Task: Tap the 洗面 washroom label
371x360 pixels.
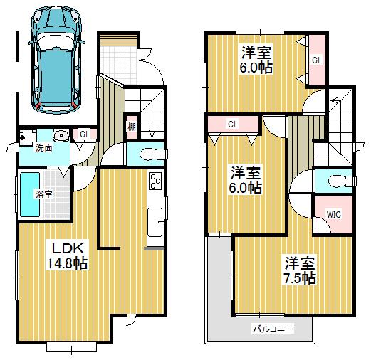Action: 43,147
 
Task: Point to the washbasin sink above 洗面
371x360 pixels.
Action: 61,134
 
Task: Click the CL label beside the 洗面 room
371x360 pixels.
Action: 83,134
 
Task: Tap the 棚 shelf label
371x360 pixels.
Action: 132,127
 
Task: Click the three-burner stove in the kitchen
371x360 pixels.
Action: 155,182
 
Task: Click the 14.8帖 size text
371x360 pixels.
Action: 67,263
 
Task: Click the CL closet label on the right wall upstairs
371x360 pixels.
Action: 316,60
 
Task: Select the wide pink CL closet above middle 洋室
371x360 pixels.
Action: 233,125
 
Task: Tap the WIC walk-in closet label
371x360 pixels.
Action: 333,213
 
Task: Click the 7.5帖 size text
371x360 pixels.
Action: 297,278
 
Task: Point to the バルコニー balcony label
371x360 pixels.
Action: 269,329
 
